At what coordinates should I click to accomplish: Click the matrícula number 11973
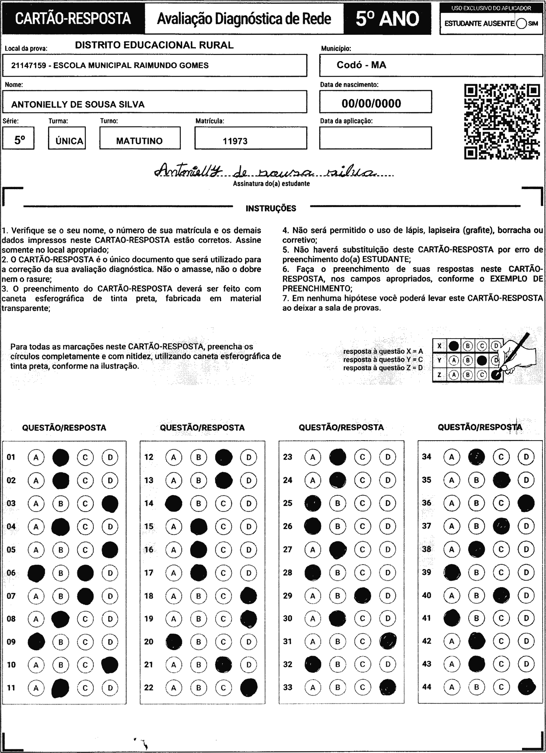(235, 141)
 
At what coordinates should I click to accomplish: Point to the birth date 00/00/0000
(371, 103)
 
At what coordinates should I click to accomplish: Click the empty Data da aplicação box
(376, 138)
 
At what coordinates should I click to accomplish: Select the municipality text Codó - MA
(361, 65)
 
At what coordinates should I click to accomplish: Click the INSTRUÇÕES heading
(271, 209)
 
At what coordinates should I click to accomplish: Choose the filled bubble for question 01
(61, 458)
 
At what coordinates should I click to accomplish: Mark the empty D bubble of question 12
(249, 458)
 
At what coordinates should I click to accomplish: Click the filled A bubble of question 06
(36, 573)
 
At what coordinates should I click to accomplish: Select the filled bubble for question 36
(526, 503)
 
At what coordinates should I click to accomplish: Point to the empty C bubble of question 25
(362, 503)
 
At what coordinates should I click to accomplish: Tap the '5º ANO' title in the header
(387, 18)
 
